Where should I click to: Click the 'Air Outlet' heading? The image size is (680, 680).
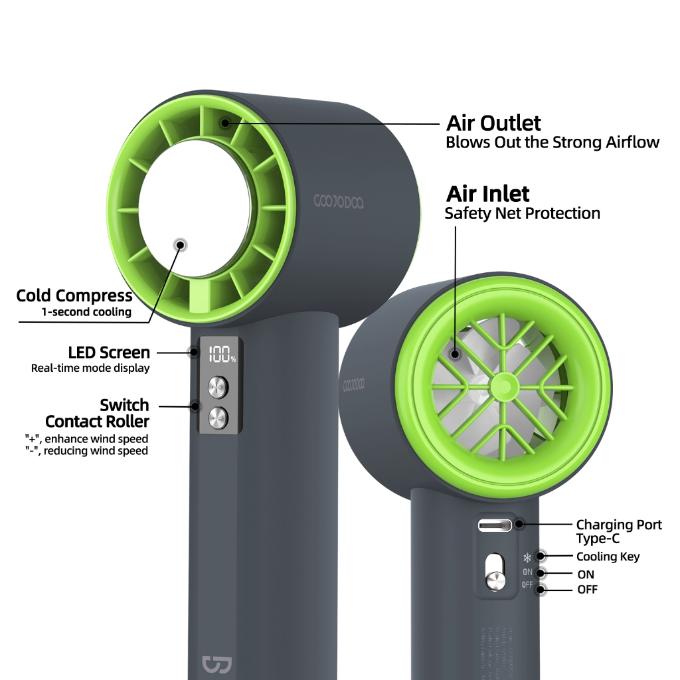(x=493, y=123)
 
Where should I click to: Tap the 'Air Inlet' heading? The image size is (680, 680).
(x=487, y=194)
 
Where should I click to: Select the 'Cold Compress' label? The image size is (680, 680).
(x=74, y=296)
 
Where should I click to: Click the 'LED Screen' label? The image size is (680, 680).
(x=109, y=352)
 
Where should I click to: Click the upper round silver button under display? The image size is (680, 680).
(x=218, y=386)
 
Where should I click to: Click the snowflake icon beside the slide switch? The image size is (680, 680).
(x=527, y=557)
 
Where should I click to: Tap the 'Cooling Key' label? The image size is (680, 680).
(x=608, y=556)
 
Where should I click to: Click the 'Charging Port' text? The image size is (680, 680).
(x=619, y=525)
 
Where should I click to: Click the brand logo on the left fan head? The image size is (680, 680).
(x=339, y=201)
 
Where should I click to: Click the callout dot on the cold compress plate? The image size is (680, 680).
(x=179, y=245)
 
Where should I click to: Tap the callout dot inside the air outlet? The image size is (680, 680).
(x=226, y=123)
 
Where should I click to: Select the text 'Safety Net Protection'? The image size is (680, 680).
(x=522, y=213)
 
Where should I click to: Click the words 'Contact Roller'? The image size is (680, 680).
(x=97, y=421)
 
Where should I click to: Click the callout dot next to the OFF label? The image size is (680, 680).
(x=541, y=589)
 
